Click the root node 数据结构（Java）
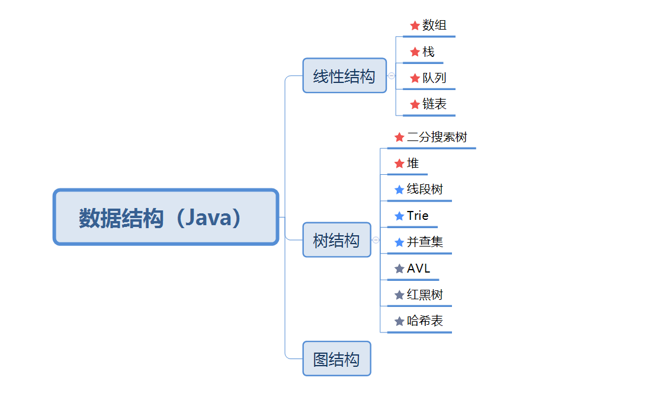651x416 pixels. (165, 217)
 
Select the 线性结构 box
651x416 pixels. (344, 76)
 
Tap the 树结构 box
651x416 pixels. (336, 240)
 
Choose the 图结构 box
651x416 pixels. (336, 359)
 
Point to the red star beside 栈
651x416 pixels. (415, 52)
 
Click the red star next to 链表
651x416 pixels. (415, 104)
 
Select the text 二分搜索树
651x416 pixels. (437, 137)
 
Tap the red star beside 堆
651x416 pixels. (399, 164)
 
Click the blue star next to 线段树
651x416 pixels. (399, 190)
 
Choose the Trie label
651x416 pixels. (418, 216)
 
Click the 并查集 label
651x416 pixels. (425, 242)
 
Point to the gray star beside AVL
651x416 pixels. (399, 268)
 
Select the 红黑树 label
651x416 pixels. (425, 295)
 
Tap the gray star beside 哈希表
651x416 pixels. (399, 321)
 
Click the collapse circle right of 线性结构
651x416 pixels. (392, 76)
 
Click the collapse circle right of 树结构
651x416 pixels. (376, 240)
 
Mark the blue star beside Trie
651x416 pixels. (399, 216)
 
